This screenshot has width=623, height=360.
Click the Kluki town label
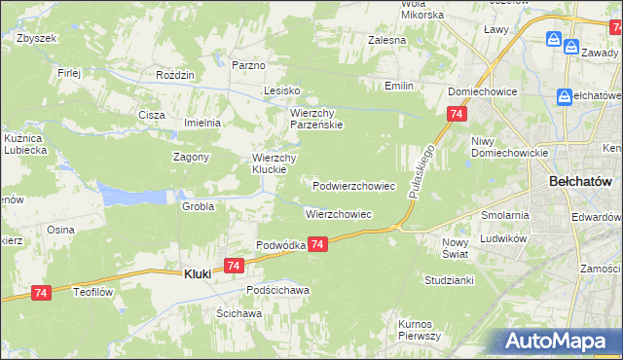point(198,274)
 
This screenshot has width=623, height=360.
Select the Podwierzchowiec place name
point(353,185)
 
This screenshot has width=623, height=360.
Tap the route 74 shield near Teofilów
point(41,292)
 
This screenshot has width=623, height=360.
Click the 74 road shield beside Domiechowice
point(457,115)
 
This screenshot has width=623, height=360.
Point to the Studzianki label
point(449,280)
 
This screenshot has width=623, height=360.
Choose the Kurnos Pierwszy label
point(421,329)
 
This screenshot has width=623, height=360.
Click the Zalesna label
point(386,41)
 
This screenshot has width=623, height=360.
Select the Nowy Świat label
point(455,247)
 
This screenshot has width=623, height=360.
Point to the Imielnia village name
point(203,123)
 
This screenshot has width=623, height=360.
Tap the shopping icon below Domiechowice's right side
point(566,96)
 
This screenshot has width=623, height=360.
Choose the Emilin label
point(399,86)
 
